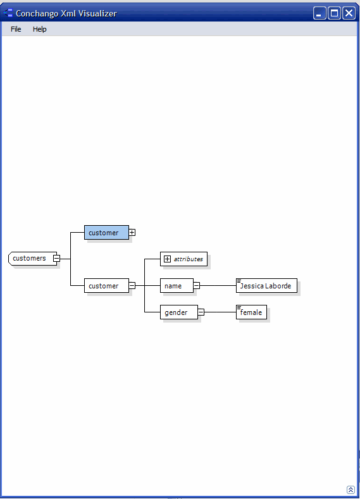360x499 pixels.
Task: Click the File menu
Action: tap(16, 29)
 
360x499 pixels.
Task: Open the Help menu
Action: tap(39, 29)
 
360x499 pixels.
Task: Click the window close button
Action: tap(349, 13)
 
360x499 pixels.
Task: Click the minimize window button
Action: tap(320, 13)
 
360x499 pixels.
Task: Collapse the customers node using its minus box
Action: tap(56, 259)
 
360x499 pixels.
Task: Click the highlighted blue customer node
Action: tap(106, 233)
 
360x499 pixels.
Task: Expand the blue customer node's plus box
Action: tap(132, 233)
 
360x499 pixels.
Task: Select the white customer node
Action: tap(106, 286)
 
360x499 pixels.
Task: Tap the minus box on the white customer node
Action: tap(132, 286)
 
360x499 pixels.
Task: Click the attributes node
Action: tap(183, 259)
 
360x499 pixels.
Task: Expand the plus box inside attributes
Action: tap(167, 259)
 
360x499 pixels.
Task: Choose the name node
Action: tap(177, 286)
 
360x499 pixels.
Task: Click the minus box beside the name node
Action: tap(197, 286)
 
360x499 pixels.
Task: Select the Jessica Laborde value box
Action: tap(266, 286)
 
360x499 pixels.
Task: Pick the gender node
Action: tap(179, 312)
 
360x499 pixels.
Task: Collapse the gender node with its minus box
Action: tap(201, 312)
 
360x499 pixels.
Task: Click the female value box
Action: tap(251, 312)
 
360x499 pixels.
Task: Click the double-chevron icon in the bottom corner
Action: tap(351, 490)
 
